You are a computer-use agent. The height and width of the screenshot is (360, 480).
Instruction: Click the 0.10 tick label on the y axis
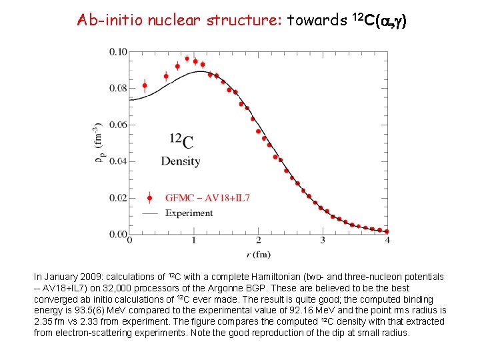tap(118, 52)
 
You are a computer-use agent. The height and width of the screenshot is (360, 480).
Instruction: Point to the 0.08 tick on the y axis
tap(118, 89)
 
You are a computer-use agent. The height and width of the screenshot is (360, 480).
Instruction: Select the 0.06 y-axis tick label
tap(118, 125)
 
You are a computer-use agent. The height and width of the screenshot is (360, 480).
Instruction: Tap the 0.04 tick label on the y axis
tap(118, 161)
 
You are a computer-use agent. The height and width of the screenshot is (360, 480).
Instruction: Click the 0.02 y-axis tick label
tap(118, 198)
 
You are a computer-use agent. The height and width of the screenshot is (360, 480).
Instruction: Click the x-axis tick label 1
tap(194, 241)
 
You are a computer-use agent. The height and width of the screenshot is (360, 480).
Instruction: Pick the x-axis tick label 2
tap(258, 241)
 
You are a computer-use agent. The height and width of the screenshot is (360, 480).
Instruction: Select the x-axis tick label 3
tap(323, 241)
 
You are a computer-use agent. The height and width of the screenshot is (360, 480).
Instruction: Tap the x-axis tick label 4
tap(387, 241)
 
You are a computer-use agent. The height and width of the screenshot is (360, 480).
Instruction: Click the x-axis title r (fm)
tap(257, 254)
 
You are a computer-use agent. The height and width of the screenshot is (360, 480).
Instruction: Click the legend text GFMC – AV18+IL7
tap(207, 197)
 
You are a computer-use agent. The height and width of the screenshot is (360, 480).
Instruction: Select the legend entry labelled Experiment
tap(189, 213)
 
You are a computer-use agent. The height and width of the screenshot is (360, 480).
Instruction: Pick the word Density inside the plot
tap(180, 161)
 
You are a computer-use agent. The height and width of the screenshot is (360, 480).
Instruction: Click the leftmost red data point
tap(145, 85)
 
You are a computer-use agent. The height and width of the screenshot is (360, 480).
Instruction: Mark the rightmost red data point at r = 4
tap(387, 231)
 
